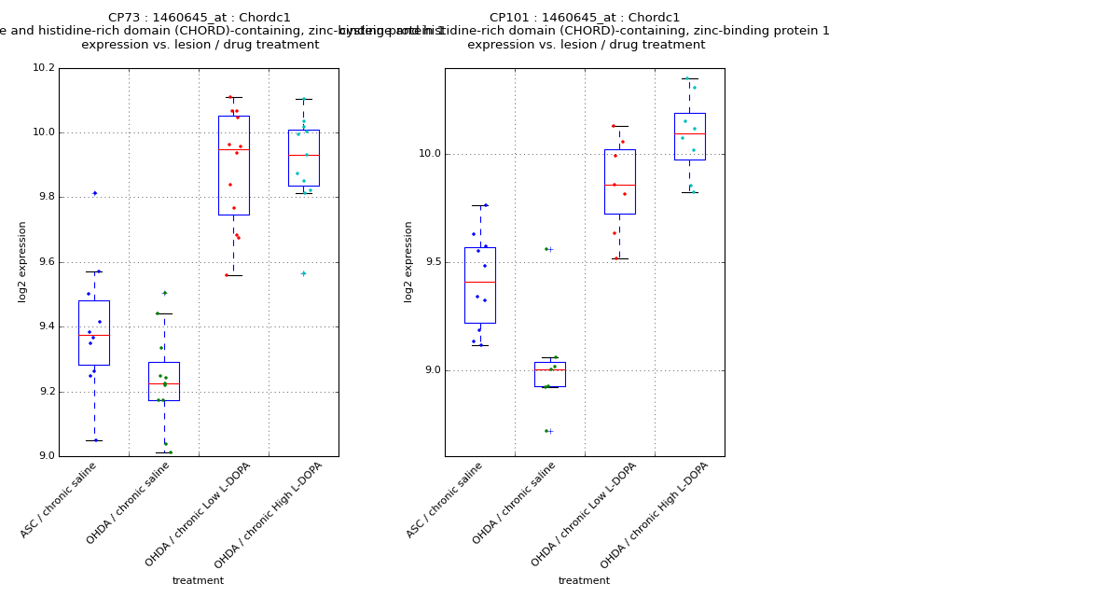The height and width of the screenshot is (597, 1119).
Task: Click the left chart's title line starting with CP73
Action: pyautogui.click(x=199, y=18)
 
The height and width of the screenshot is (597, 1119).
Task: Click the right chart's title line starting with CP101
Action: pyautogui.click(x=585, y=18)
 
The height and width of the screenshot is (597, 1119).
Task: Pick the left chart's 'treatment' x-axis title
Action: pyautogui.click(x=198, y=580)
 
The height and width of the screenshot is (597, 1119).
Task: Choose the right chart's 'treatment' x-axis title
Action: pyautogui.click(x=584, y=580)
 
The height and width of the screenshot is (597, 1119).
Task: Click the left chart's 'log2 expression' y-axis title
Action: pyautogui.click(x=22, y=261)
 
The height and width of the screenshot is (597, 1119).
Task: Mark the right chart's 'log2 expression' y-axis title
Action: pyautogui.click(x=408, y=261)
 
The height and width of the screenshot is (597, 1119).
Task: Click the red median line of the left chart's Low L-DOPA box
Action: pyautogui.click(x=233, y=149)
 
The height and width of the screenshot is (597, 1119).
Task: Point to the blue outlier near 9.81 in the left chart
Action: pyautogui.click(x=94, y=193)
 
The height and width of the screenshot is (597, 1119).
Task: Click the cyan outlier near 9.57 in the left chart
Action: pyautogui.click(x=303, y=273)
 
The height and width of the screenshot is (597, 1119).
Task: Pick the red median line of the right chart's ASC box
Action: pyautogui.click(x=479, y=282)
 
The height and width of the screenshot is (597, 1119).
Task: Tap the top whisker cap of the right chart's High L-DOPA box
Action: pyautogui.click(x=689, y=78)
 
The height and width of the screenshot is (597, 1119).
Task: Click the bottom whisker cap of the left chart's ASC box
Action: pyautogui.click(x=94, y=440)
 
